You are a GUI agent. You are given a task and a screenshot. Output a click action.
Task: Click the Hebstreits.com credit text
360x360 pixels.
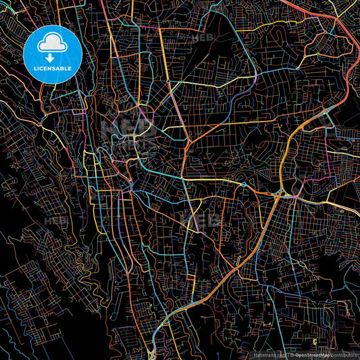point(269,354)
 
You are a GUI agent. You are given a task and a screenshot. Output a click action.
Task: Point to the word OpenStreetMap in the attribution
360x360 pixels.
point(311,354)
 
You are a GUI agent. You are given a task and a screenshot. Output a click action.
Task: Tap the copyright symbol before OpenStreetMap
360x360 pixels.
point(291,354)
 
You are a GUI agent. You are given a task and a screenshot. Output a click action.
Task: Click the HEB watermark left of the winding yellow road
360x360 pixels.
point(55,221)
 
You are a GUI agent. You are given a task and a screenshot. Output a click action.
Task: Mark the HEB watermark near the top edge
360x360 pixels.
point(203,38)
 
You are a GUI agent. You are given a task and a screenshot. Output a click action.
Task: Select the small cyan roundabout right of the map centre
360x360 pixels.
point(242,184)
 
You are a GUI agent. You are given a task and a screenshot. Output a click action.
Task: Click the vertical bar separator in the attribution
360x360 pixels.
point(287,354)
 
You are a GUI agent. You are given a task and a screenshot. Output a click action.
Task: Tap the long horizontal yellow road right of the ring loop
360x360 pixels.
point(223,124)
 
